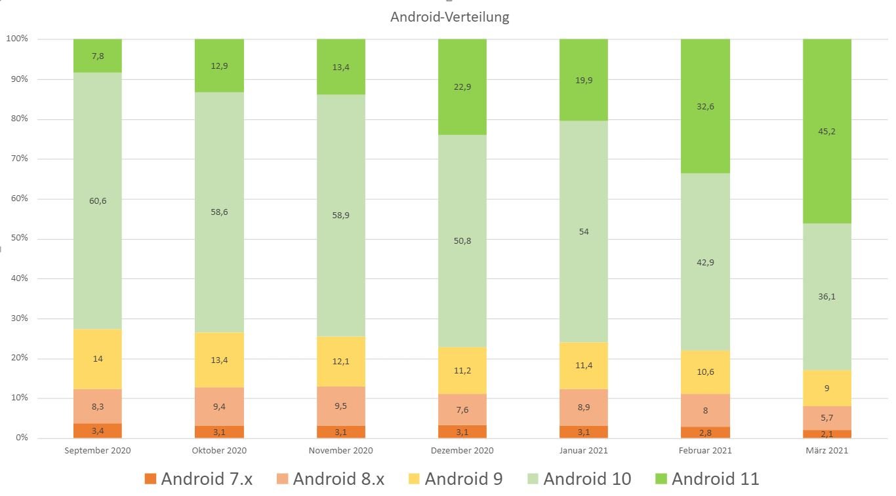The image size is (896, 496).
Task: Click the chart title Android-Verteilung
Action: [449, 18]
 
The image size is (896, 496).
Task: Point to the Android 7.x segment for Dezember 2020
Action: [462, 431]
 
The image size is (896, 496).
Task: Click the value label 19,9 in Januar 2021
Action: [584, 81]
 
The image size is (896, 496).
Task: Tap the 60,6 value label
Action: [98, 201]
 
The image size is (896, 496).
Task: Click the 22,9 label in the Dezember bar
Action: [462, 87]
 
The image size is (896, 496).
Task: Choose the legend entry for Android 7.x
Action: [198, 479]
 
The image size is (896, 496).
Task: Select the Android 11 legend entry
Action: [707, 479]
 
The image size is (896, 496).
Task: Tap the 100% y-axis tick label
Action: [17, 39]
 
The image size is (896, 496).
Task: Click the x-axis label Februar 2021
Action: [705, 451]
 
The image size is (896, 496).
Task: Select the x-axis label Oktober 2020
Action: [219, 451]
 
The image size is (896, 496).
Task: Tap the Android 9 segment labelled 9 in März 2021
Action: [826, 388]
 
